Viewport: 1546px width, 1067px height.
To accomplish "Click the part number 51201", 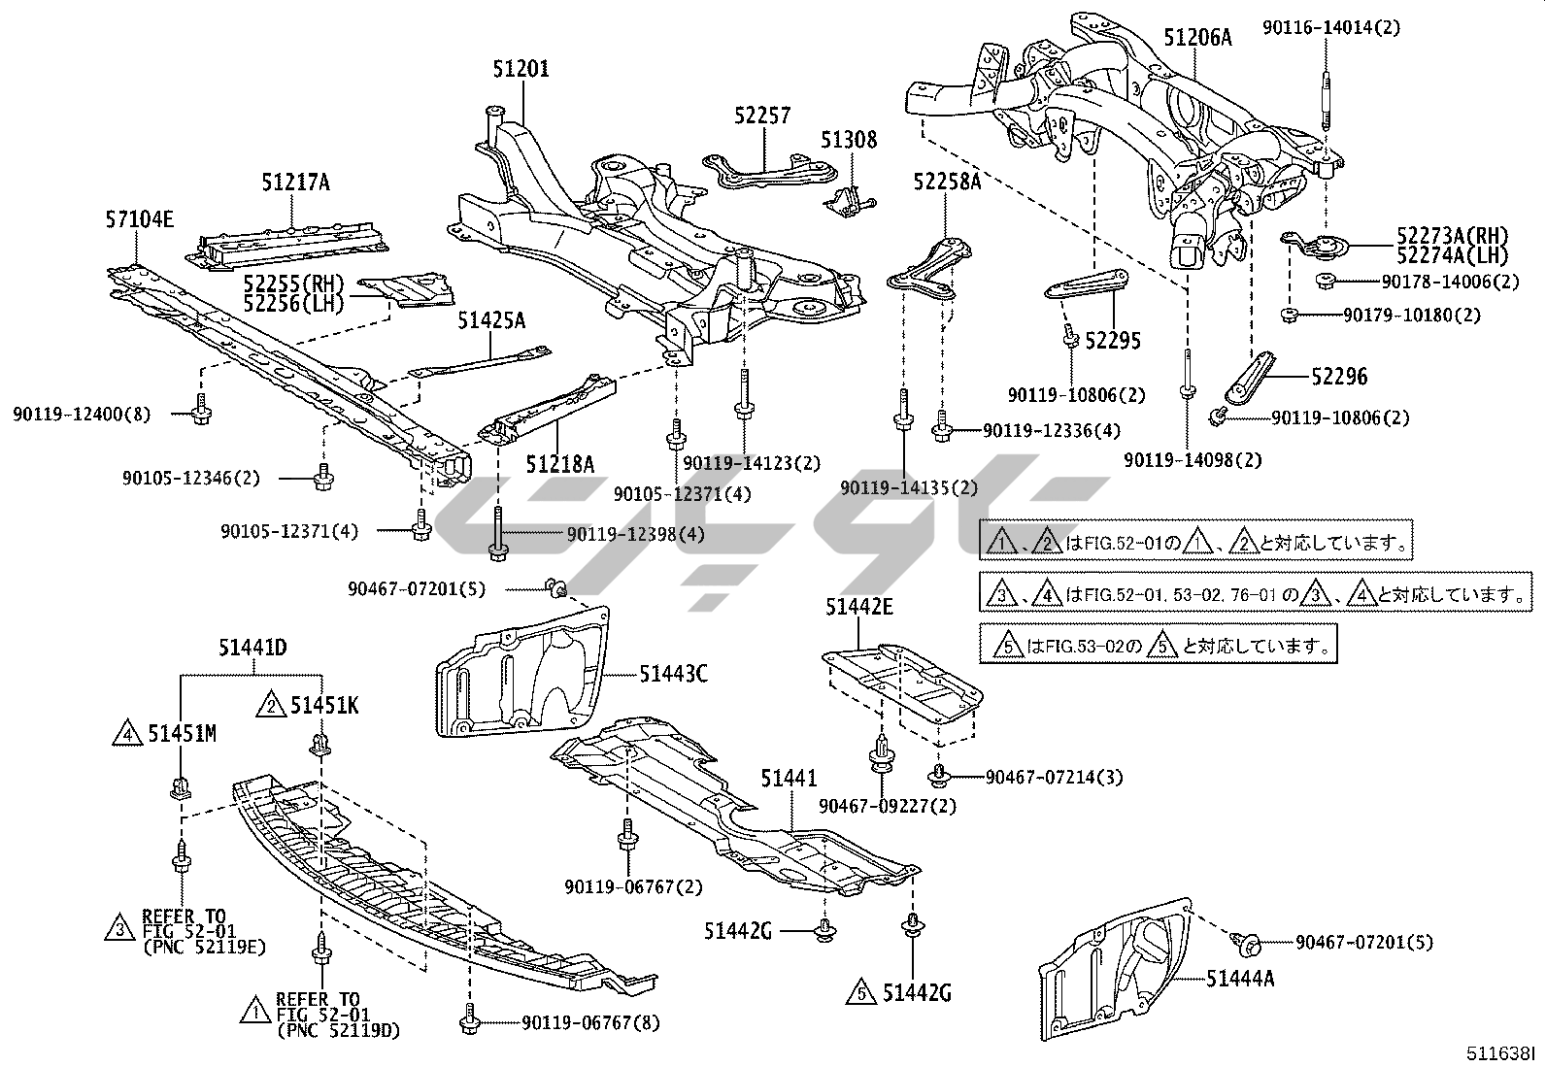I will [x=521, y=69].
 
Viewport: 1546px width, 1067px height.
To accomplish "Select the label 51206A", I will [x=1197, y=38].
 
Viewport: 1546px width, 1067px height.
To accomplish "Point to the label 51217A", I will [x=295, y=182].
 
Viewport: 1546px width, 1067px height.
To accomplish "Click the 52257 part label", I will [x=762, y=116].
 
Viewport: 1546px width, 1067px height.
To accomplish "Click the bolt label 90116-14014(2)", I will [x=1331, y=27].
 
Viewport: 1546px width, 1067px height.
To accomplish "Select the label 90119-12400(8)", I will [x=83, y=415].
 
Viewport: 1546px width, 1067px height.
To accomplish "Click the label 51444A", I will [x=1240, y=978].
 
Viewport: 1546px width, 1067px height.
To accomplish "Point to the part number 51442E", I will [x=859, y=608].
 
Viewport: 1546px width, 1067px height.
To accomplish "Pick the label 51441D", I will [x=252, y=648].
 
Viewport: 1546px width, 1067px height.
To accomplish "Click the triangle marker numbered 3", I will [x=118, y=928].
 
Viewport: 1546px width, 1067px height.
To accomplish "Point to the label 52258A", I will [x=947, y=182].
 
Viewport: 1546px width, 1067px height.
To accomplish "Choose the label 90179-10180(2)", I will [x=1412, y=316].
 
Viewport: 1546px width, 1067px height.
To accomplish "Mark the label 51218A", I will [x=560, y=464].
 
